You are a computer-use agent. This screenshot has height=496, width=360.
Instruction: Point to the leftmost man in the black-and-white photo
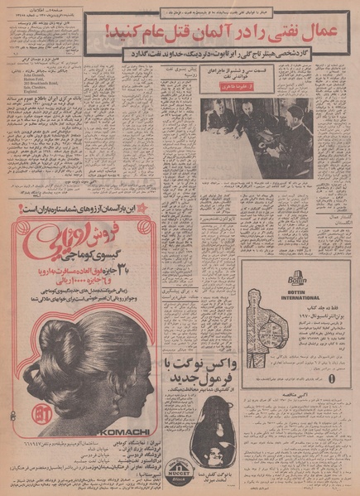[218, 118]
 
